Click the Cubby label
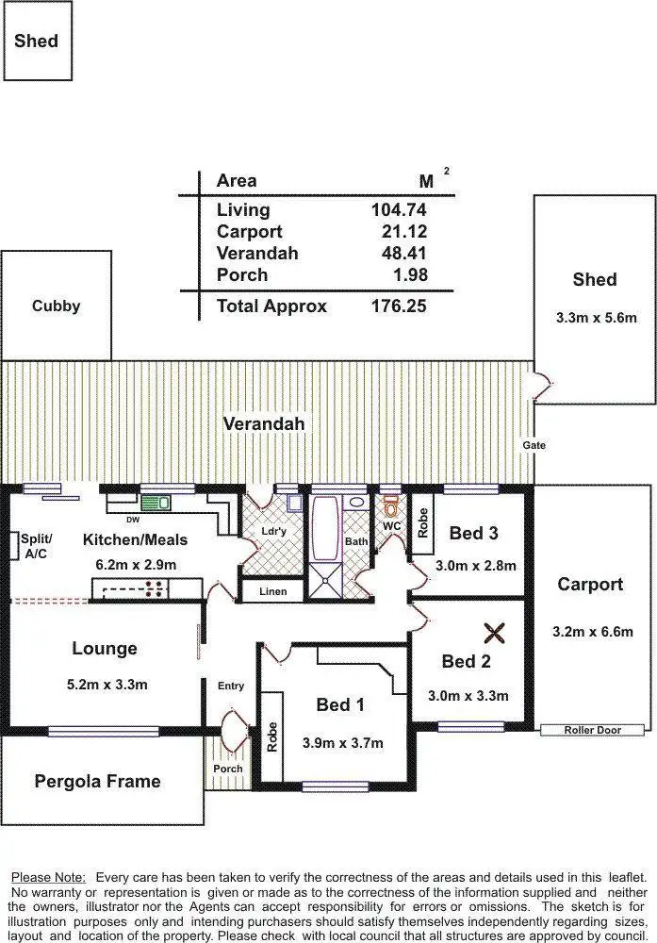click(x=56, y=306)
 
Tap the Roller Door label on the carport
click(x=593, y=730)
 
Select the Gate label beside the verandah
click(x=534, y=445)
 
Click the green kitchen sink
click(x=163, y=503)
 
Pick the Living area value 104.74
click(x=399, y=210)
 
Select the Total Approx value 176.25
click(x=399, y=306)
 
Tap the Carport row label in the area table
click(x=249, y=232)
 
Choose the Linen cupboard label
click(x=272, y=592)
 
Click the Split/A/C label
click(x=32, y=546)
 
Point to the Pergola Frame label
click(x=97, y=781)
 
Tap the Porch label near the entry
click(x=227, y=769)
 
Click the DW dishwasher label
click(x=133, y=519)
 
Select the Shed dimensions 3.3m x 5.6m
click(x=595, y=318)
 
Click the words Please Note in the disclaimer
click(x=48, y=877)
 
